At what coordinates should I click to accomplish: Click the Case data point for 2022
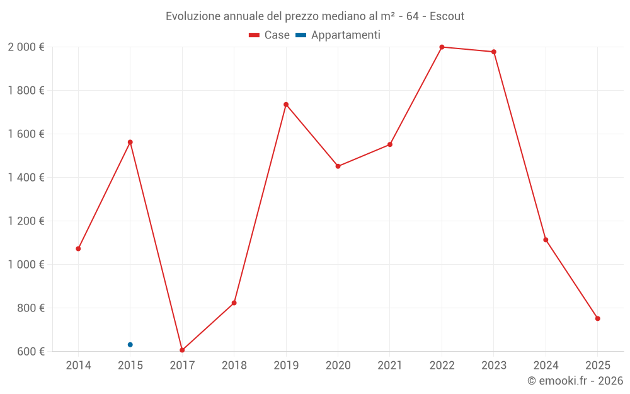(442, 47)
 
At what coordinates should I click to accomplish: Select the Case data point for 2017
(182, 350)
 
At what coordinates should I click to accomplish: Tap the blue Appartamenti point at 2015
(130, 345)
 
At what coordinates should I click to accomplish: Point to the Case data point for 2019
(286, 105)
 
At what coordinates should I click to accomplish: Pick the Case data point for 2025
(597, 318)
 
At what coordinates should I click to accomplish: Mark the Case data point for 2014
(78, 248)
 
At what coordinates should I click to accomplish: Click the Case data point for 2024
(546, 240)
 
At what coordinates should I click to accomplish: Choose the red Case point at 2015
(130, 142)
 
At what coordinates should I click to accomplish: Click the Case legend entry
(269, 35)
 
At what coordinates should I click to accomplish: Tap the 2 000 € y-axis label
(26, 47)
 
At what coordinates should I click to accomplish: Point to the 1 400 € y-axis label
(26, 178)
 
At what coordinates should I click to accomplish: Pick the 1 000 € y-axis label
(26, 265)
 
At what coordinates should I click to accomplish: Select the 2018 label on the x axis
(234, 366)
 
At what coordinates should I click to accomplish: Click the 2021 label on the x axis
(390, 366)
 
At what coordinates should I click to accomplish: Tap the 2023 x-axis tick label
(493, 366)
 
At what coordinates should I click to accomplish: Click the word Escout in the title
(447, 16)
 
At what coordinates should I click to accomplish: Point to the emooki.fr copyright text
(575, 381)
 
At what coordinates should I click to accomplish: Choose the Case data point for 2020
(338, 166)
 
